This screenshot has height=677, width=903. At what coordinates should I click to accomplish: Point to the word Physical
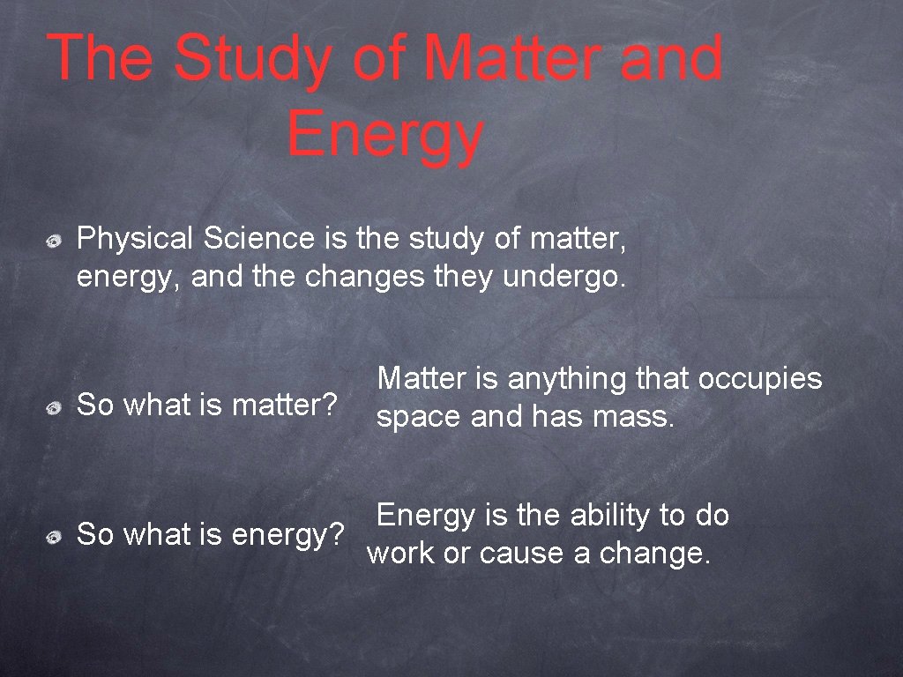[x=135, y=239]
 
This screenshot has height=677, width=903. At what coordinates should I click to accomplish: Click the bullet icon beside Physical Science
[x=55, y=240]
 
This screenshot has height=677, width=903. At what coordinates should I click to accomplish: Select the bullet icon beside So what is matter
[x=55, y=408]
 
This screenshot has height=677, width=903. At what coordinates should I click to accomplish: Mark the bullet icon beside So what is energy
[x=55, y=536]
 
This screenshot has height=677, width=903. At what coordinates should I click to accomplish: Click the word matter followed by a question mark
[x=285, y=406]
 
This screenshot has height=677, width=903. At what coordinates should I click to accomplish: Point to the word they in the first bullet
[x=463, y=277]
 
